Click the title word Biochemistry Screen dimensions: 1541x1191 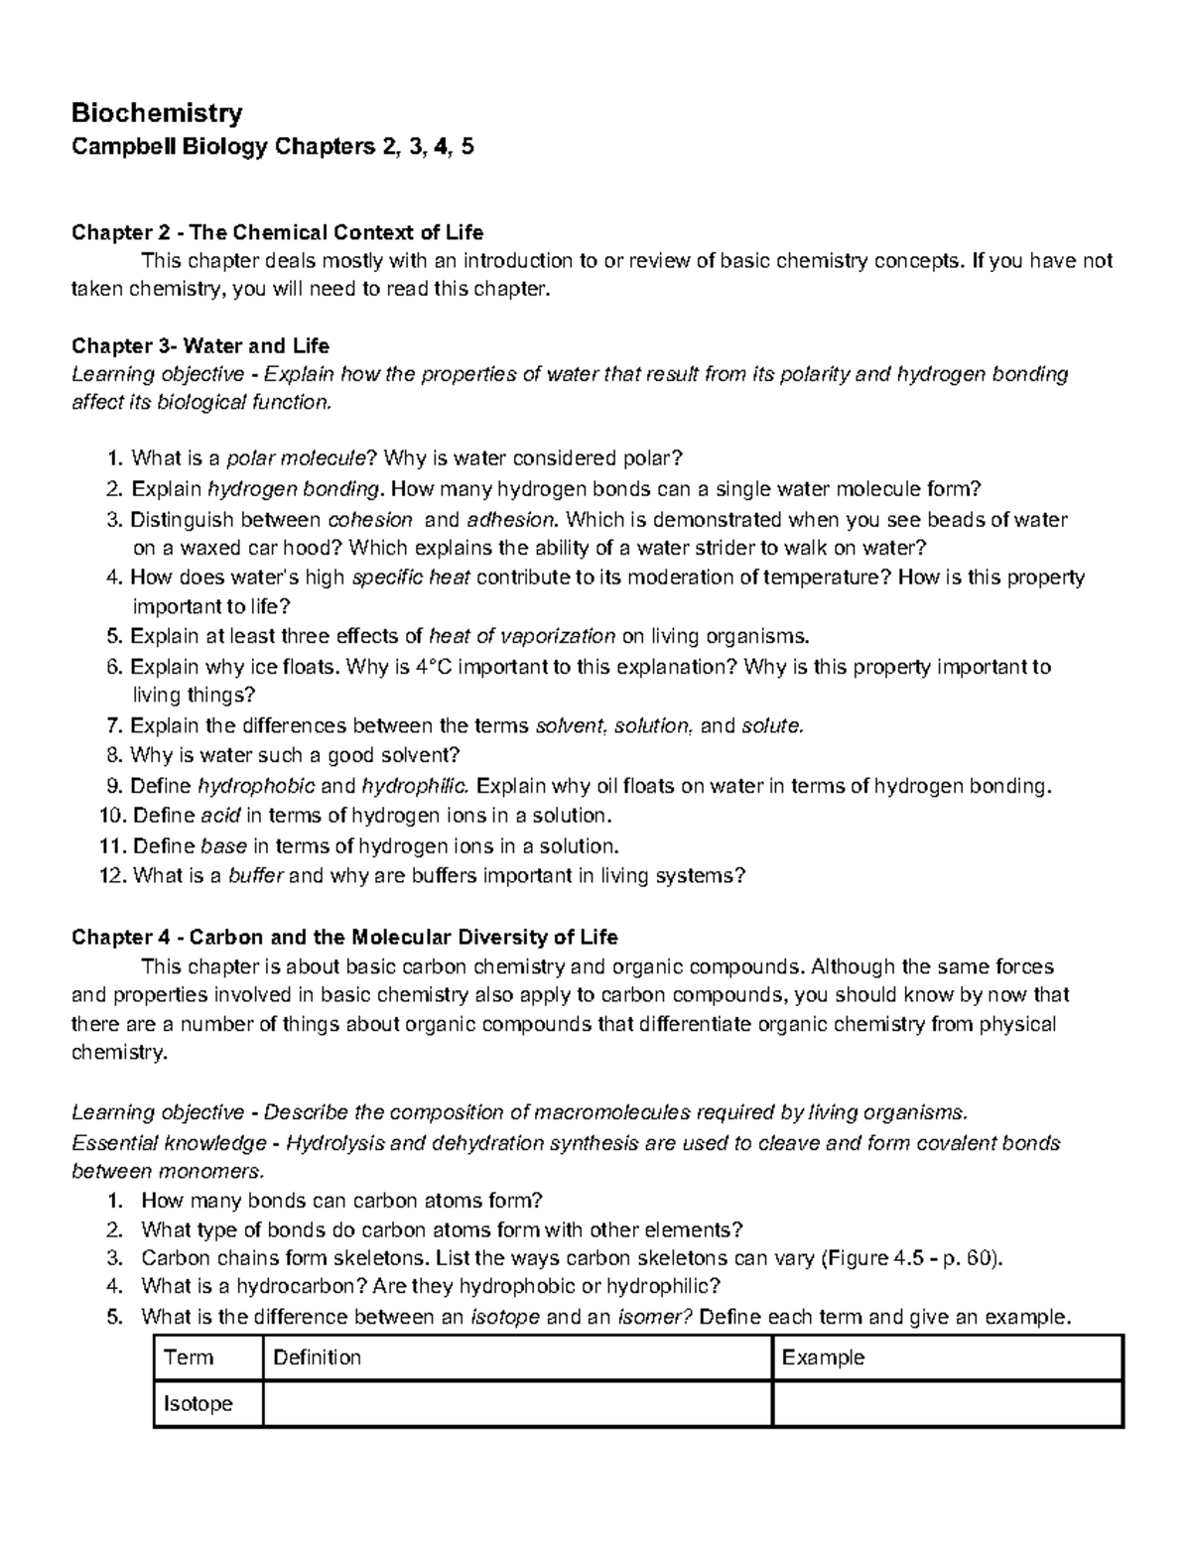[x=157, y=113]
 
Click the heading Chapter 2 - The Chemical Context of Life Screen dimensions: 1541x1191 [x=278, y=232]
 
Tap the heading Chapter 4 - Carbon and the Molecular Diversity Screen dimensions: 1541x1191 [x=344, y=937]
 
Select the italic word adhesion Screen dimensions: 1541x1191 [x=512, y=519]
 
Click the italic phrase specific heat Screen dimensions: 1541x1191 [x=411, y=578]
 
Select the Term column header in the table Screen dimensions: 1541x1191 [x=189, y=1357]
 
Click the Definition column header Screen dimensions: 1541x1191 [x=317, y=1357]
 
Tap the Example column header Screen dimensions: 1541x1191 [x=823, y=1357]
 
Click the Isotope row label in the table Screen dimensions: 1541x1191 [x=198, y=1403]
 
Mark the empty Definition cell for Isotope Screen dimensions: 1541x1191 [x=516, y=1403]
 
